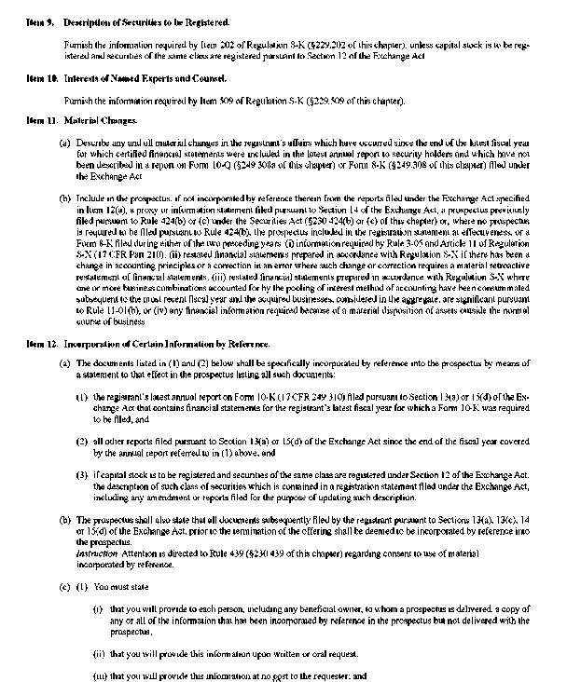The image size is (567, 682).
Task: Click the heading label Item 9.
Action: [x=41, y=20]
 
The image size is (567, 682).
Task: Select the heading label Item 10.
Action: [x=42, y=78]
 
